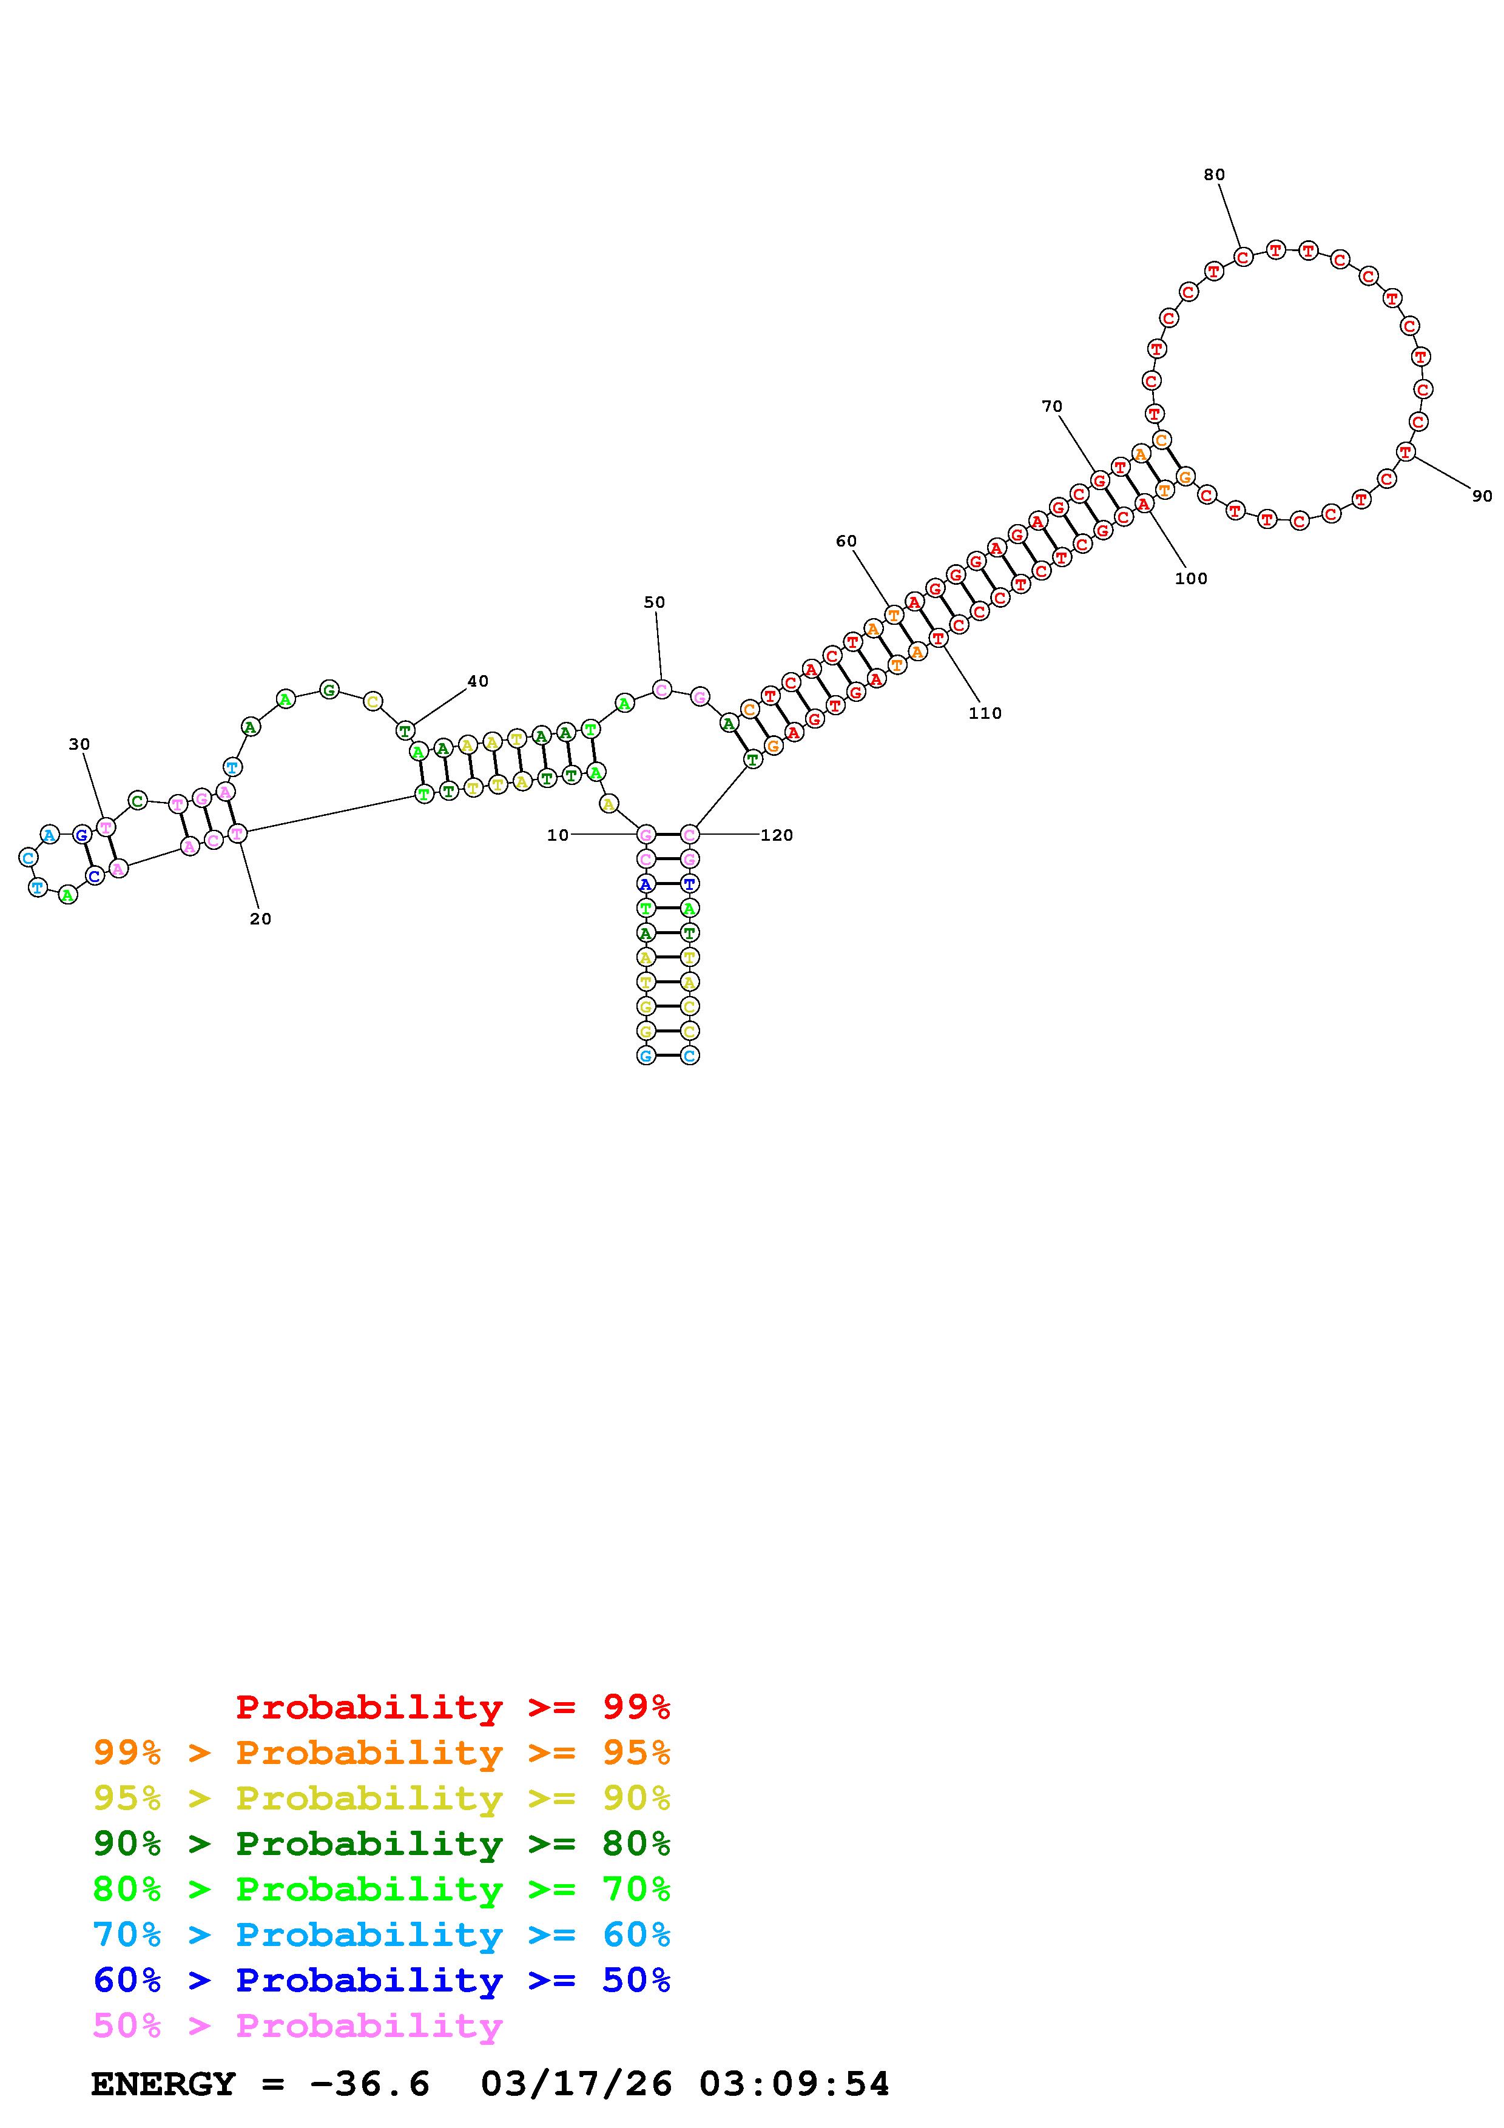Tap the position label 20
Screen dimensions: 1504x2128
(x=260, y=918)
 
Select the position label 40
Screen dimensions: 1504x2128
(x=477, y=681)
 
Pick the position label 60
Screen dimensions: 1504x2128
(x=846, y=541)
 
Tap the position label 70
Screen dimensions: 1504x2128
(x=1052, y=406)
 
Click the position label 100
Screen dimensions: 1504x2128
(x=1191, y=578)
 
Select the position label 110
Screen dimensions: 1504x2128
(x=985, y=713)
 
